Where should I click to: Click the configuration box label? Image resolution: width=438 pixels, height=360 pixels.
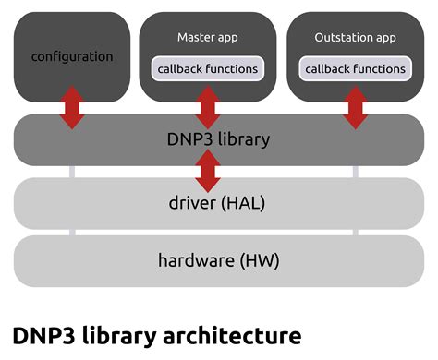[x=72, y=56]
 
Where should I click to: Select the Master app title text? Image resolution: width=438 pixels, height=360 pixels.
[x=208, y=37]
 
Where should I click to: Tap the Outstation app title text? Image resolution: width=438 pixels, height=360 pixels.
[x=356, y=37]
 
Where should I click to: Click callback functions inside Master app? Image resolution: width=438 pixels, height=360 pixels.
[x=208, y=68]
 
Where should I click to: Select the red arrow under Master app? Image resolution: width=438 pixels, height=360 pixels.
[x=209, y=107]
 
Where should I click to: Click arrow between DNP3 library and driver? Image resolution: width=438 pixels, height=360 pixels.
[x=209, y=171]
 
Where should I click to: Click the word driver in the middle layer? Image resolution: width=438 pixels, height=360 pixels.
[x=191, y=203]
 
